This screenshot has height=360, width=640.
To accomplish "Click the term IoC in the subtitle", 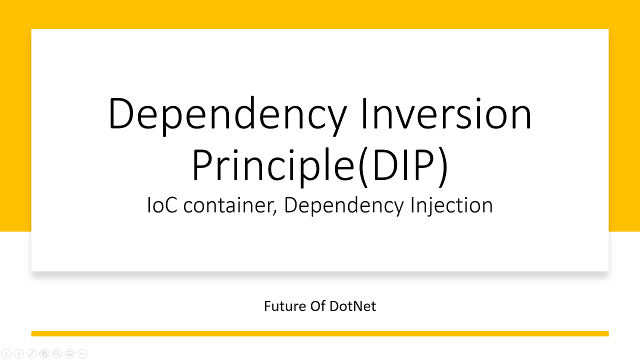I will click(x=162, y=205).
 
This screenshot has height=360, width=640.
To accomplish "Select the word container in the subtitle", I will click(x=230, y=205).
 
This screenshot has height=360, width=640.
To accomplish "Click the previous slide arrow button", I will click(x=6, y=353).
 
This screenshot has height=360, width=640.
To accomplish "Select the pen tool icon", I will click(x=31, y=353).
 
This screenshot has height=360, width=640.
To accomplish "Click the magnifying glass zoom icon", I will click(x=56, y=353).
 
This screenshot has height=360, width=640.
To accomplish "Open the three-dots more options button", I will click(x=82, y=353).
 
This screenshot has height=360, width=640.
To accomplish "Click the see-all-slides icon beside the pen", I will click(x=44, y=353).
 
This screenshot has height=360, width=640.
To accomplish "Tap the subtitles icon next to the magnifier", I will click(x=69, y=353).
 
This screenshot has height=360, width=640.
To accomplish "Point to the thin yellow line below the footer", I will click(x=320, y=333).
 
